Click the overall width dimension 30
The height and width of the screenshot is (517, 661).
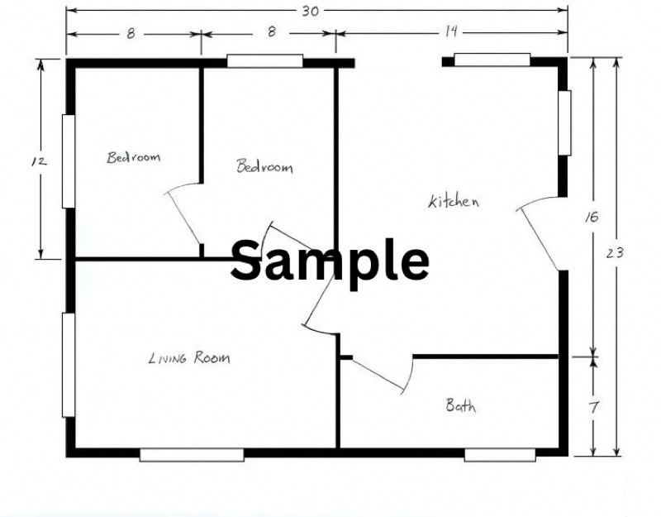point(310,12)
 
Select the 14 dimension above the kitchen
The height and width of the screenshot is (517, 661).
point(450,31)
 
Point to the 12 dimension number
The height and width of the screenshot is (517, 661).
point(39,160)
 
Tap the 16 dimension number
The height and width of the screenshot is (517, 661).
point(592,217)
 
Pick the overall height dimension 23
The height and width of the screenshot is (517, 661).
point(614,253)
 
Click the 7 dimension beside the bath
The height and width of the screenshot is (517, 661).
point(593,407)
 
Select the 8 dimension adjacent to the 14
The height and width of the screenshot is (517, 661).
point(272,31)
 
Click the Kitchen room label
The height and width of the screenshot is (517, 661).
point(454,201)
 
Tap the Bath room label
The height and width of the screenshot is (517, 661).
point(461,405)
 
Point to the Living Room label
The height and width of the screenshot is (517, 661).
point(190,358)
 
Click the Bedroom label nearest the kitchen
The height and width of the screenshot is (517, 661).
point(264,166)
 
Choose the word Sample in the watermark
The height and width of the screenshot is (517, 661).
point(330,260)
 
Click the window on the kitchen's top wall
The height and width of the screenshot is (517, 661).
point(492,60)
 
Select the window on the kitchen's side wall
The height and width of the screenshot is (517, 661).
point(565,122)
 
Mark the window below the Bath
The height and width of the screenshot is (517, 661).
point(500,455)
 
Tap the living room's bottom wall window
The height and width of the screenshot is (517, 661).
point(192,455)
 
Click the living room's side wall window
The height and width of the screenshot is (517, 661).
point(69,365)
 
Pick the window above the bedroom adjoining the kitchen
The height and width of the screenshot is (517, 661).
point(264,60)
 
